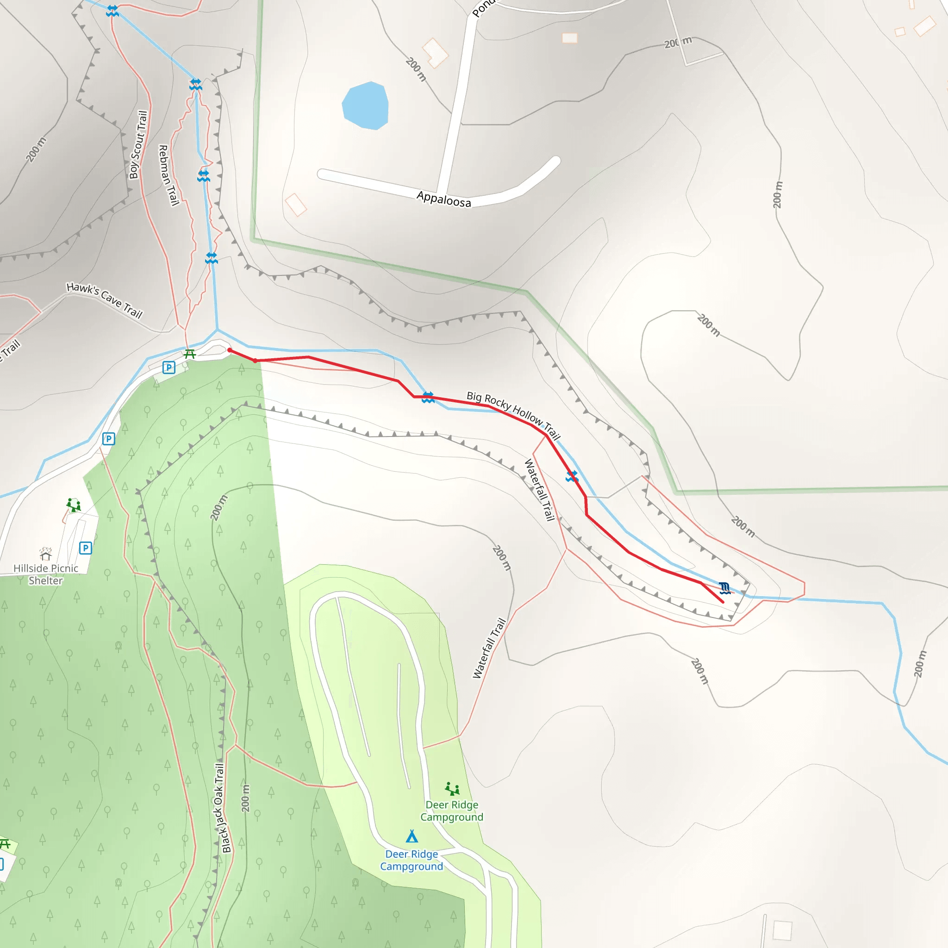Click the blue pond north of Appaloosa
pyautogui.click(x=365, y=106)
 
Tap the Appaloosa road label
pyautogui.click(x=443, y=199)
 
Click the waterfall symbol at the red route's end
pyautogui.click(x=725, y=588)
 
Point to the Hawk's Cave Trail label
pyautogui.click(x=105, y=300)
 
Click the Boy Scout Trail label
pyautogui.click(x=138, y=145)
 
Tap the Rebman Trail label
pyautogui.click(x=168, y=175)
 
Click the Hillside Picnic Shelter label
pyautogui.click(x=46, y=574)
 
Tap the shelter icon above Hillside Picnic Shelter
pyautogui.click(x=46, y=554)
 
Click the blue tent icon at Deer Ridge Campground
pyautogui.click(x=412, y=836)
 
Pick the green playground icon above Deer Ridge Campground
pyautogui.click(x=452, y=789)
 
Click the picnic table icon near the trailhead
pyautogui.click(x=190, y=354)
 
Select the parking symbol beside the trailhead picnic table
pyautogui.click(x=169, y=367)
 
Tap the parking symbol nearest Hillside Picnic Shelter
pyautogui.click(x=85, y=548)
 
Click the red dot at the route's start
pyautogui.click(x=230, y=350)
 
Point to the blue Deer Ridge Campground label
pyautogui.click(x=411, y=860)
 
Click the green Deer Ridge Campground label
pyautogui.click(x=451, y=811)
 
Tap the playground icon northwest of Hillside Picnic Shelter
pyautogui.click(x=74, y=505)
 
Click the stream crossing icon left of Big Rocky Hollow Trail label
pyautogui.click(x=428, y=398)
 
